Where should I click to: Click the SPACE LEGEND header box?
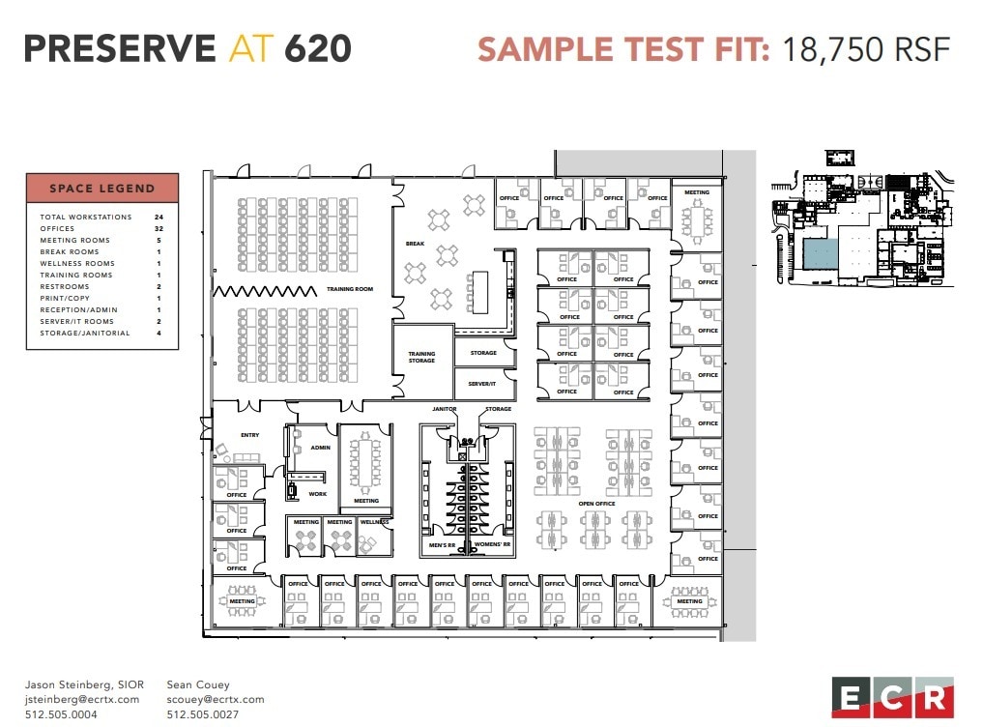coord(102,188)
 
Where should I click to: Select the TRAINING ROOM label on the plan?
coord(350,289)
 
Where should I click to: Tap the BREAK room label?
coord(415,244)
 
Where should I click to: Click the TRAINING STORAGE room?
coord(421,358)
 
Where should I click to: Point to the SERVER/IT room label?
coord(482,384)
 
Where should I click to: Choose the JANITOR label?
coord(444,409)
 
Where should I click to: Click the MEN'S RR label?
coord(443,546)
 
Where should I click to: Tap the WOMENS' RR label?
coord(493,546)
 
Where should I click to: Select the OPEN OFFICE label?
coord(596,504)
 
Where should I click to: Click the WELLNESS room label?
coord(375,522)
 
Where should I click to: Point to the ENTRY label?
coord(249,435)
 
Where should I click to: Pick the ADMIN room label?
coord(320,449)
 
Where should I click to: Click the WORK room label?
coord(317,494)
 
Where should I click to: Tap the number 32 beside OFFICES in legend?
coord(159,229)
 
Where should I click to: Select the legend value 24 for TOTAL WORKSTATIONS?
coord(159,218)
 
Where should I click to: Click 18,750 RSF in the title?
coord(866,49)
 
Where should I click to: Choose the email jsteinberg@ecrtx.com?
coord(82,699)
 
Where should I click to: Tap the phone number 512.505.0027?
coord(202,714)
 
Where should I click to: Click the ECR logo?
coord(891,698)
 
